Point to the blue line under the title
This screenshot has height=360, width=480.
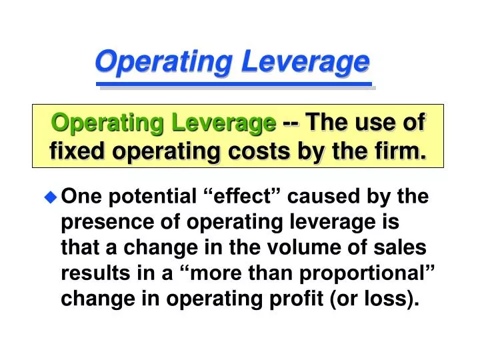pyautogui.click(x=233, y=85)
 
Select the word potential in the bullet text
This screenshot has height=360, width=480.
pyautogui.click(x=145, y=197)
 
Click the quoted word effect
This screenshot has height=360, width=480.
pyautogui.click(x=243, y=197)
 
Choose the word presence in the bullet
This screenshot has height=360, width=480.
pyautogui.click(x=100, y=222)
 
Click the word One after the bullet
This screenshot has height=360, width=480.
pyautogui.click(x=79, y=197)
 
